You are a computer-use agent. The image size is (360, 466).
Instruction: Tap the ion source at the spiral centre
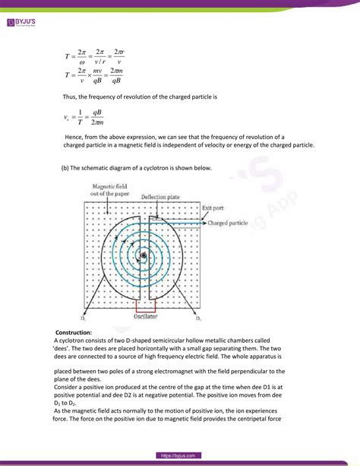[x=143, y=256]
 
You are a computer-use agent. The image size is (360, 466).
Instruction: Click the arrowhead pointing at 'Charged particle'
[x=203, y=223]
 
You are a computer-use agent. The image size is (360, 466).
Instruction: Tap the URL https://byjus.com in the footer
[x=179, y=455]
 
